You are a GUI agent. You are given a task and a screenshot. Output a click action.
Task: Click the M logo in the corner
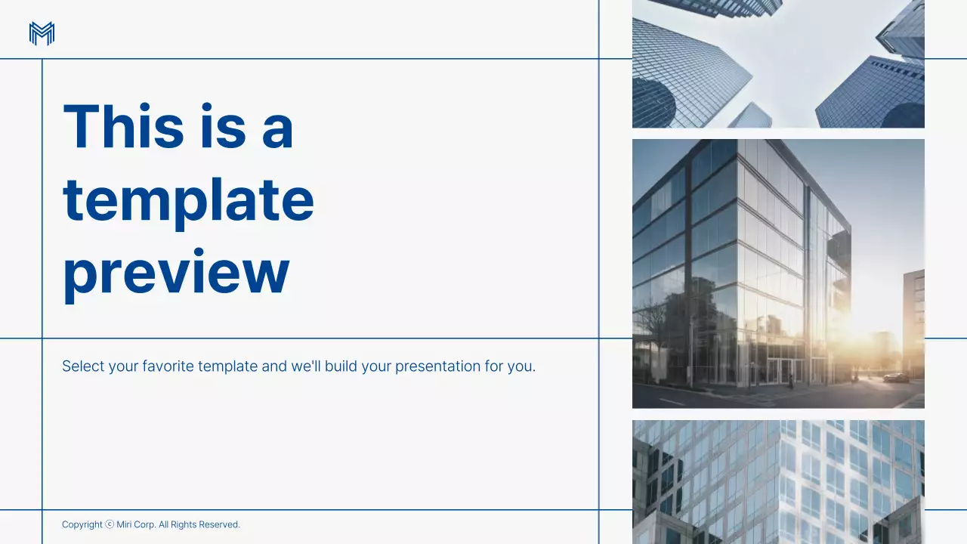point(42,34)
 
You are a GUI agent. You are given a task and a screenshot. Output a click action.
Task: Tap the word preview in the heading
point(176,271)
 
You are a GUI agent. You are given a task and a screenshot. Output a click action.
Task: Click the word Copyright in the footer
point(82,524)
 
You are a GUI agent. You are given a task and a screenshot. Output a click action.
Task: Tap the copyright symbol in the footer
point(110,524)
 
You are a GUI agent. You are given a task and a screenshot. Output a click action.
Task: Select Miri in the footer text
point(124,524)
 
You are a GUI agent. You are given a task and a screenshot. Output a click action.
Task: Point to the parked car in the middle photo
point(895,377)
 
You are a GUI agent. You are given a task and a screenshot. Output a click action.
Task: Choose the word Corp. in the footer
point(145,524)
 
